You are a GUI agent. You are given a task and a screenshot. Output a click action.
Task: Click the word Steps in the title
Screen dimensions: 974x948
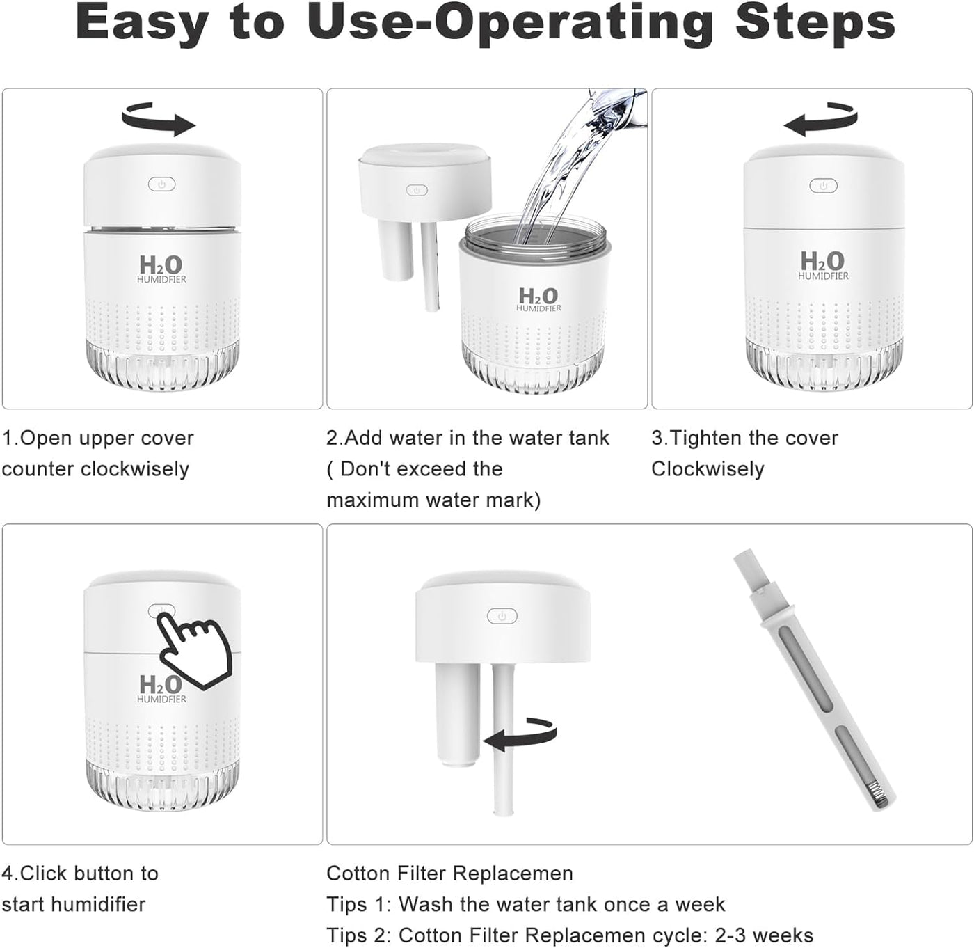[x=815, y=24]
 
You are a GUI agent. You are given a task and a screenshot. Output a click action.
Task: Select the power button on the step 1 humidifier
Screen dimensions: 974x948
[x=161, y=184]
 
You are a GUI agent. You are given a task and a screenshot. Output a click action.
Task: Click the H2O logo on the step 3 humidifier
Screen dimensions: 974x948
[x=823, y=265]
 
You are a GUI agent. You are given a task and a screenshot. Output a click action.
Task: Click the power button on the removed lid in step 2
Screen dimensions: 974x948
[x=417, y=190]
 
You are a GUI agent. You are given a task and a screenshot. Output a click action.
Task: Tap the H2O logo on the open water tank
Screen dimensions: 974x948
[x=539, y=299]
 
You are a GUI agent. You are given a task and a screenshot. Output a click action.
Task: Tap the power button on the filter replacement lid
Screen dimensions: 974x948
[x=502, y=617]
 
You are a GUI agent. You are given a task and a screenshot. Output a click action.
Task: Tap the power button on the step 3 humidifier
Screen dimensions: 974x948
[x=823, y=186]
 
